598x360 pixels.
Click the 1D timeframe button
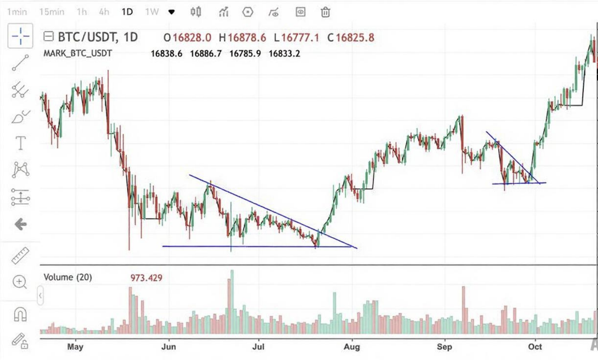(127, 12)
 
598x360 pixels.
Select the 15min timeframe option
(52, 12)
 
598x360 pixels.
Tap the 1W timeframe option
(152, 12)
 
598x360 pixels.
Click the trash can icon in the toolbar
(325, 12)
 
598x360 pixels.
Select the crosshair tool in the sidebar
(20, 36)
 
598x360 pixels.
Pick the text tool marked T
(20, 143)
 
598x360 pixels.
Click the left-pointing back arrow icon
(20, 224)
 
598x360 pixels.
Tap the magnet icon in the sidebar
(20, 314)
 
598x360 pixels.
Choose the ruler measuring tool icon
(20, 255)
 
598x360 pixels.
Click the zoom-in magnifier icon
(20, 282)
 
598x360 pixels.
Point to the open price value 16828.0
(192, 38)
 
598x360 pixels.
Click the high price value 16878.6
(246, 38)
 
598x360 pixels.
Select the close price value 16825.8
(355, 38)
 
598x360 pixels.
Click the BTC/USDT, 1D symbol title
(98, 37)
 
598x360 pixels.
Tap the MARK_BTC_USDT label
(78, 53)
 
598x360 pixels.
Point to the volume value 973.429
(146, 278)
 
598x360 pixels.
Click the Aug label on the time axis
(352, 347)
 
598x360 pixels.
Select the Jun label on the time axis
(168, 347)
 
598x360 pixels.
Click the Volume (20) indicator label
(68, 277)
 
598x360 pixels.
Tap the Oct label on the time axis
(535, 347)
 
